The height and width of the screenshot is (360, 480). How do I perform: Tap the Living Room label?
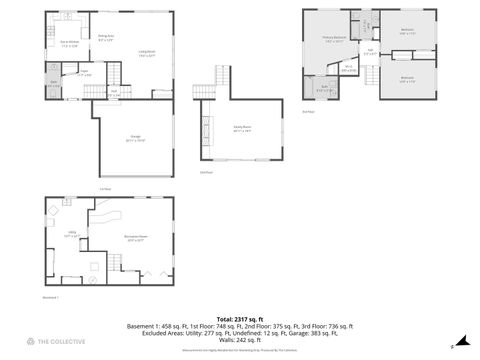[x=146, y=53]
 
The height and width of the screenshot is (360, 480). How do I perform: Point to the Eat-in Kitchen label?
[x=70, y=43]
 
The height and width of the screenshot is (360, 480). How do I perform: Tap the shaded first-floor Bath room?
[x=53, y=84]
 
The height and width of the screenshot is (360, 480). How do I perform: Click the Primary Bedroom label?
[x=334, y=40]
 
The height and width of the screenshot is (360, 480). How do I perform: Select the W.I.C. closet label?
[x=348, y=68]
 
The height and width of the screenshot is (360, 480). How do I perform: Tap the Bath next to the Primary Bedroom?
[x=325, y=88]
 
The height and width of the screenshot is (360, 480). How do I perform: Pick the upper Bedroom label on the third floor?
[x=406, y=31]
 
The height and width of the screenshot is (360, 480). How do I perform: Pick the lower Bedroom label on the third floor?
[x=406, y=78]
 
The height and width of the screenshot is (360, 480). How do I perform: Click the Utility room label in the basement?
[x=73, y=236]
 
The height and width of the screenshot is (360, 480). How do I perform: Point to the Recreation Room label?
[x=136, y=237]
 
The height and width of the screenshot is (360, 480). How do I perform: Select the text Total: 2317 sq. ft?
[x=240, y=317]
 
